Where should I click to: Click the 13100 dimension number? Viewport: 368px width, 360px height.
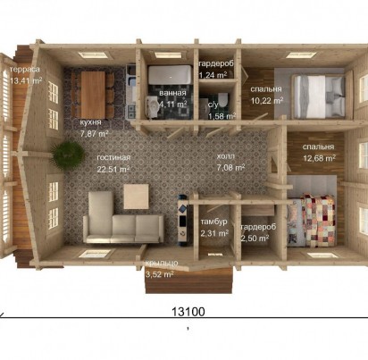pyautogui.click(x=188, y=312)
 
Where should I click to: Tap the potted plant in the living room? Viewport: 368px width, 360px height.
pyautogui.click(x=67, y=155)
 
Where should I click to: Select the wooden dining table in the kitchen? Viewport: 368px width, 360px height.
pyautogui.click(x=93, y=95)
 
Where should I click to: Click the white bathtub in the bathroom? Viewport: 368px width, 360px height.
pyautogui.click(x=170, y=75)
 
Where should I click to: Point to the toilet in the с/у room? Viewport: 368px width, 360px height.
pyautogui.click(x=223, y=99)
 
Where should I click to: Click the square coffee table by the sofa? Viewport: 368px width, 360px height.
pyautogui.click(x=137, y=197)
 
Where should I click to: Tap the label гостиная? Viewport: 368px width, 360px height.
pyautogui.click(x=113, y=157)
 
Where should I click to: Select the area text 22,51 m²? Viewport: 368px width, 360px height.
pyautogui.click(x=113, y=169)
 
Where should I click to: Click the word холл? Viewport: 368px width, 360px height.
pyautogui.click(x=225, y=156)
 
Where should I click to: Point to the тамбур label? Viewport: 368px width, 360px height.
pyautogui.click(x=213, y=222)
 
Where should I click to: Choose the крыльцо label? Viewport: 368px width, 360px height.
pyautogui.click(x=162, y=263)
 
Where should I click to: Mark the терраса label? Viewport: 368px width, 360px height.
pyautogui.click(x=25, y=70)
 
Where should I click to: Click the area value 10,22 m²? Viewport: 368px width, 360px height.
pyautogui.click(x=267, y=101)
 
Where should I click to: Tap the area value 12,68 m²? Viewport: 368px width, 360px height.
pyautogui.click(x=319, y=158)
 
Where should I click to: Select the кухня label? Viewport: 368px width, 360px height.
pyautogui.click(x=91, y=122)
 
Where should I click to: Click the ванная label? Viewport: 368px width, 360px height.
pyautogui.click(x=172, y=93)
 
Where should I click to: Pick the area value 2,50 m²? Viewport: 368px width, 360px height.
pyautogui.click(x=255, y=239)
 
